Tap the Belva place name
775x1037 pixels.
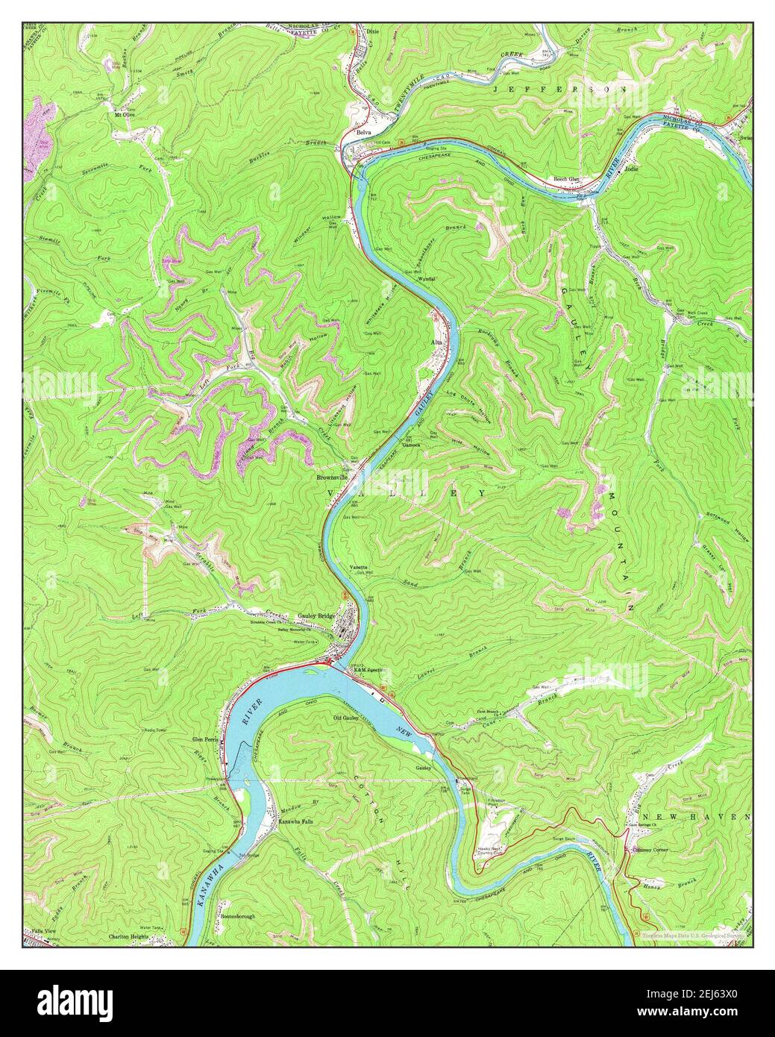pos(364,132)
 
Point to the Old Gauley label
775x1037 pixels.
pos(347,718)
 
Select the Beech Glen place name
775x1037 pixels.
pos(565,179)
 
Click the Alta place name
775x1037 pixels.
pos(438,342)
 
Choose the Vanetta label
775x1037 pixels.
pos(358,568)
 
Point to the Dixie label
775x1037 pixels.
pos(374,31)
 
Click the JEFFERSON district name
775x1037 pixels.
pos(560,89)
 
